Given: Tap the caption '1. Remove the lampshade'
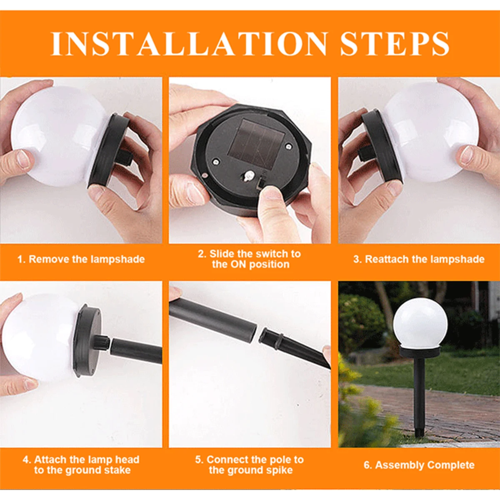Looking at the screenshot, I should [x=81, y=259].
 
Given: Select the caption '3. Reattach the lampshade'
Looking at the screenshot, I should [x=419, y=259].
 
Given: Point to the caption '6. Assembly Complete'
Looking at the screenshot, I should [x=419, y=465].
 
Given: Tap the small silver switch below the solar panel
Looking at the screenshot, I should [x=249, y=176].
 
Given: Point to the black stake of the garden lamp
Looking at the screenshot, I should [x=419, y=396].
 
